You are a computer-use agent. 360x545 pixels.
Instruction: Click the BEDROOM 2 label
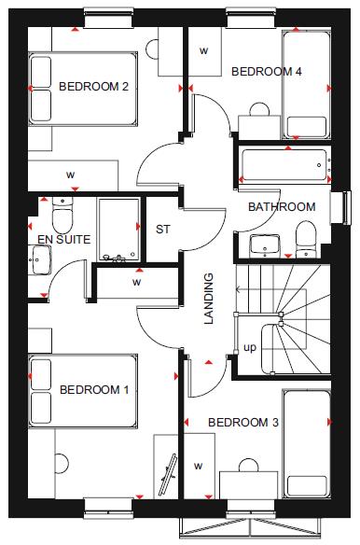point(93,87)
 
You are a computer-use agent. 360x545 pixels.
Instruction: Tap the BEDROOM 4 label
point(267,71)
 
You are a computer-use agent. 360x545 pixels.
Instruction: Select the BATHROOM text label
point(281,207)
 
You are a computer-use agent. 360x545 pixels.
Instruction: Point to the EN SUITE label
point(63,240)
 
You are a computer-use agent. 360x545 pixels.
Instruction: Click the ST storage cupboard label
point(163,230)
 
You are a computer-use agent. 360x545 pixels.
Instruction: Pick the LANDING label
point(209,299)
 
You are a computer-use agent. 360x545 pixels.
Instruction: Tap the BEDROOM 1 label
point(94,389)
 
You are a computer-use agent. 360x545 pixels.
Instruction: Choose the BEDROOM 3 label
point(242,422)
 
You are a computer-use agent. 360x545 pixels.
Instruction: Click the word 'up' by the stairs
point(250,348)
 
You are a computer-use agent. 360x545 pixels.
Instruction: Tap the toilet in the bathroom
point(306,238)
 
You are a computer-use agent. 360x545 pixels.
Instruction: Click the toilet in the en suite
point(62,218)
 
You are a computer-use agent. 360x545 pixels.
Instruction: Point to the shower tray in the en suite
point(118,230)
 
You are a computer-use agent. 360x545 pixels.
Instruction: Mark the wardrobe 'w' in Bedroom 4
point(204,49)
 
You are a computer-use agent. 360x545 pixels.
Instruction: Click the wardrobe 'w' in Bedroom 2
point(70,174)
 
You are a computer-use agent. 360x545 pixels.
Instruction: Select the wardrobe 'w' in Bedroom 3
point(198,465)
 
